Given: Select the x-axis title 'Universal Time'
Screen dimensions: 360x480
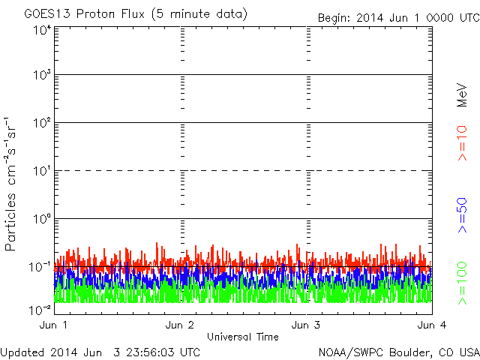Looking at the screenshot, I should (x=242, y=337).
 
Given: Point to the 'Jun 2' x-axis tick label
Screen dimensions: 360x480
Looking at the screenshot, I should (x=180, y=325).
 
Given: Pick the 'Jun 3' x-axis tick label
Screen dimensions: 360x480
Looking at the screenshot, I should (x=306, y=325).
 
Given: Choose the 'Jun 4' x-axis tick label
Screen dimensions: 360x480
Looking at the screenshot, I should (x=431, y=325).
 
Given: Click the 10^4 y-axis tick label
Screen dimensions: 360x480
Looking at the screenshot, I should (x=41, y=30).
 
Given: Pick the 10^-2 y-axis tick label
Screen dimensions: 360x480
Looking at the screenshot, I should (x=40, y=307).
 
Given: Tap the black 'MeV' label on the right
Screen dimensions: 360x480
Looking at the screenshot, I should (x=463, y=95).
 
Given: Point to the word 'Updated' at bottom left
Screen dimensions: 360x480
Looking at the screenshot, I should (x=22, y=352).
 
